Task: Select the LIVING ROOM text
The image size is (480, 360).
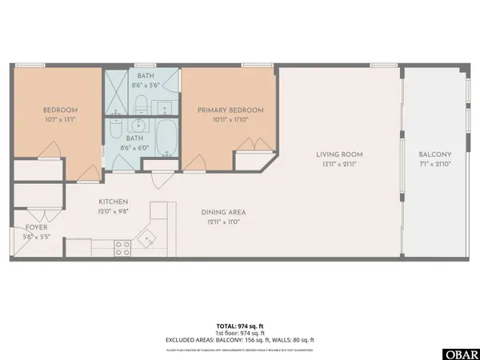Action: point(339,154)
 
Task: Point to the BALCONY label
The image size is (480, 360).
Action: point(435,154)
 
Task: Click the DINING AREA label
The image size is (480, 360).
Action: point(222,212)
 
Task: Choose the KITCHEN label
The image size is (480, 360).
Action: point(114,202)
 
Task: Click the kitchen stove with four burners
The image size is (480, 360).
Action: point(122,248)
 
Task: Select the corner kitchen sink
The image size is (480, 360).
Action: point(147,237)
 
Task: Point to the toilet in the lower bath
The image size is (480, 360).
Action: point(115,128)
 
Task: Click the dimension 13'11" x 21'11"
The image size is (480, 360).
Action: point(339,165)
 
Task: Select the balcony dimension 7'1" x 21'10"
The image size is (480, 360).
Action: point(435,165)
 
